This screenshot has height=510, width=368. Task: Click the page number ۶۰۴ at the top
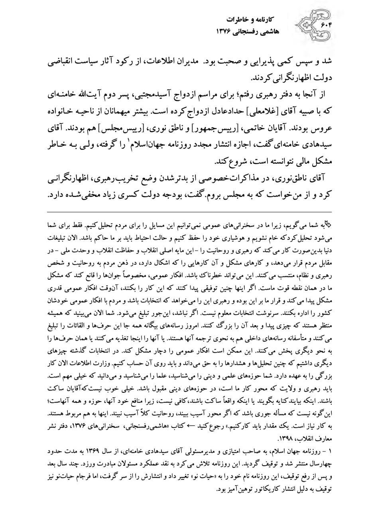[x=326, y=25]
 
